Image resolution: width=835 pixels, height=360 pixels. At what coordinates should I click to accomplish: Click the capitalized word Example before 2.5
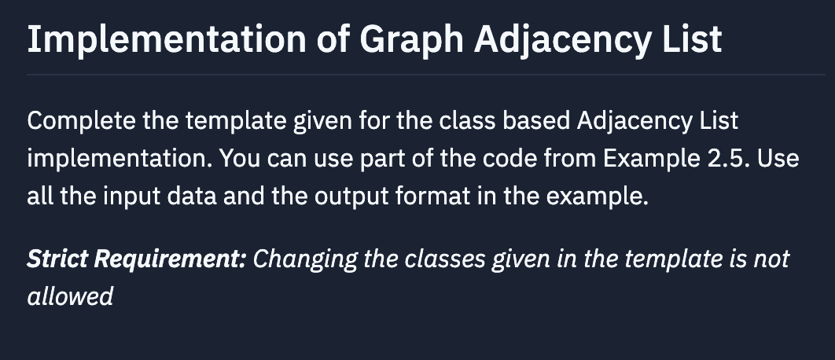tap(640, 159)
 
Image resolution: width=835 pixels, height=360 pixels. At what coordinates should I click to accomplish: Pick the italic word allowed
tap(70, 296)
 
